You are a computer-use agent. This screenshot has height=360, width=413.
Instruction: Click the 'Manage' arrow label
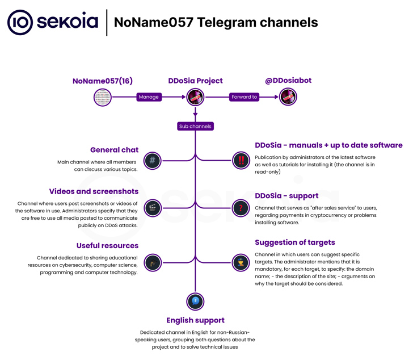pyautogui.click(x=149, y=97)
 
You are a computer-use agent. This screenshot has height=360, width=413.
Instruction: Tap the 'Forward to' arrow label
pyautogui.click(x=245, y=97)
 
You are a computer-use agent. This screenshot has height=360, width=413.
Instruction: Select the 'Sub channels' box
pyautogui.click(x=195, y=126)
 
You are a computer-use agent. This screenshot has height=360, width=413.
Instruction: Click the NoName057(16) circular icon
pyautogui.click(x=102, y=97)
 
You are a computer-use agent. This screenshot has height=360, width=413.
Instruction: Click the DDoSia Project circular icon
pyautogui.click(x=195, y=97)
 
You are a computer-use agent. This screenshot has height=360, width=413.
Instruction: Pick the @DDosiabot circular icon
pyautogui.click(x=288, y=97)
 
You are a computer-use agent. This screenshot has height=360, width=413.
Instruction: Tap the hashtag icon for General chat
pyautogui.click(x=152, y=160)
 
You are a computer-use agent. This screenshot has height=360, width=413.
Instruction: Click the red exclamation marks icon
pyautogui.click(x=241, y=160)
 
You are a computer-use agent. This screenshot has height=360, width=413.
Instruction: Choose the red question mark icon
pyautogui.click(x=241, y=208)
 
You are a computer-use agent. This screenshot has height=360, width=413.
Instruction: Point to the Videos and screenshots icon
pyautogui.click(x=152, y=208)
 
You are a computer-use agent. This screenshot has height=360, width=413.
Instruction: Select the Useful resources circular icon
pyautogui.click(x=152, y=262)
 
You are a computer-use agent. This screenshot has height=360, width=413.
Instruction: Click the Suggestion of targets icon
pyautogui.click(x=241, y=262)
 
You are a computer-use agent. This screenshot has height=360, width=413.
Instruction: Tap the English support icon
pyautogui.click(x=195, y=302)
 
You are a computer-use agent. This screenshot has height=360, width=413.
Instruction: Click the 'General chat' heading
pyautogui.click(x=114, y=150)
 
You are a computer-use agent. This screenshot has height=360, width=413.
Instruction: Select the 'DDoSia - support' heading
pyautogui.click(x=286, y=196)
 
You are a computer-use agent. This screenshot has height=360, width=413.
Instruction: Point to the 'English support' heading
pyautogui.click(x=195, y=320)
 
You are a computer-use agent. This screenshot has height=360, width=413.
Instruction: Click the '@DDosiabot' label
pyautogui.click(x=288, y=81)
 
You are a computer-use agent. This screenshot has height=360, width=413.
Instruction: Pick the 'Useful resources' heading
pyautogui.click(x=107, y=245)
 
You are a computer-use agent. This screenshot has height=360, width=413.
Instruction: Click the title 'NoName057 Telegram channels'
pyautogui.click(x=216, y=22)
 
